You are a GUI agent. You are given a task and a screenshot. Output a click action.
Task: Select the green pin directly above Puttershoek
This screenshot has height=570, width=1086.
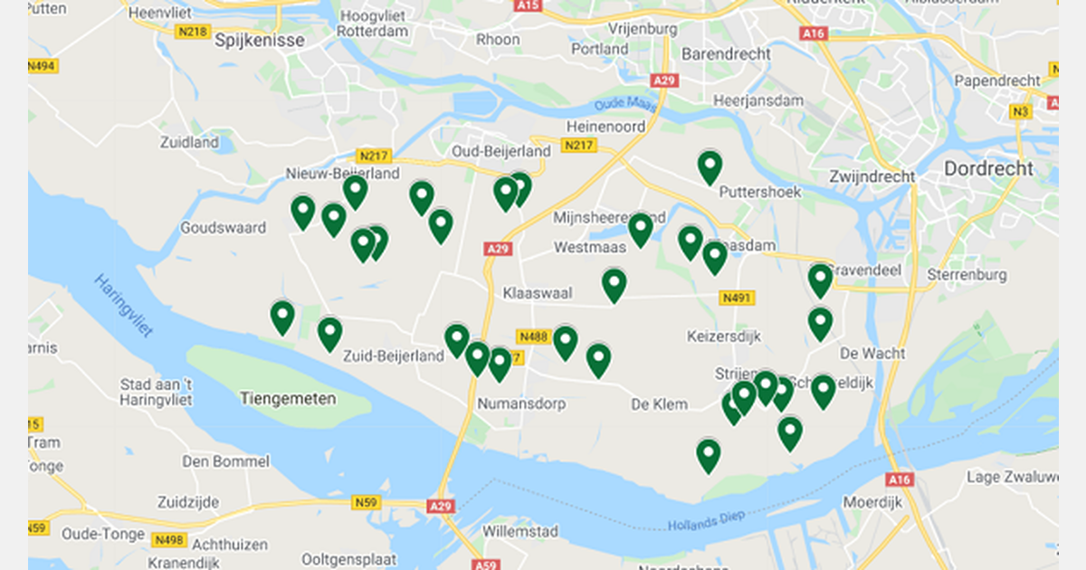[x=710, y=167]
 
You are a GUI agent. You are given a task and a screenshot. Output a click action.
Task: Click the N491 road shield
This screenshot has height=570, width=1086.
[x=738, y=298]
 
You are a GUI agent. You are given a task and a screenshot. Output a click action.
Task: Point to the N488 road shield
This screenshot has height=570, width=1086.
[x=533, y=337]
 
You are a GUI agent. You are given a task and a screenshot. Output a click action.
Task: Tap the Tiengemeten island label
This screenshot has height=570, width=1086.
[x=289, y=398]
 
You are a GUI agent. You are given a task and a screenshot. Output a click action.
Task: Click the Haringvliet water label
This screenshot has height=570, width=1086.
[x=123, y=305]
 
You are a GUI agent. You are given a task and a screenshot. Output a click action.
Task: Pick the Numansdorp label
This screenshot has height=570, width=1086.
[x=521, y=404]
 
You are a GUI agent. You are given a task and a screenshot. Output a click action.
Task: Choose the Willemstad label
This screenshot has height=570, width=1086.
[x=520, y=530]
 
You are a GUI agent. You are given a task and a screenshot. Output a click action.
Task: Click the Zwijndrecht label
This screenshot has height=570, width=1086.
[x=872, y=176]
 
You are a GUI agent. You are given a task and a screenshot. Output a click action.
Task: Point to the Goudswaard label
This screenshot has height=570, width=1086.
[x=224, y=227]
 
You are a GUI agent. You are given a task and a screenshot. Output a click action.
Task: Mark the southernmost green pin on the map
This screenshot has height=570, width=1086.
[x=709, y=454]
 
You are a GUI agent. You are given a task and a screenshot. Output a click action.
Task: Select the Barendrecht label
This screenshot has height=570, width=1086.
[x=726, y=53]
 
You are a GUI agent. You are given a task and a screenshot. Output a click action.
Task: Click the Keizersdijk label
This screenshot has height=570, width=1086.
[x=724, y=337]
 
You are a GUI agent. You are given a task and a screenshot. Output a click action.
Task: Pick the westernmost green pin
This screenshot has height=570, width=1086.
[x=282, y=317]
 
